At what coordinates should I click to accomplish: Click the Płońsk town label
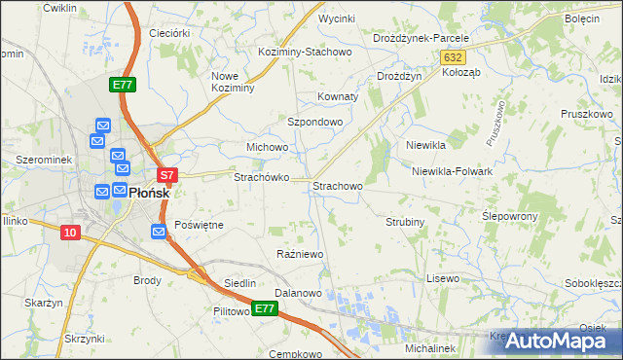[x=149, y=193]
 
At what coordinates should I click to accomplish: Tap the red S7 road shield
[x=167, y=176]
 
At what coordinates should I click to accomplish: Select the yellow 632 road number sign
[x=452, y=58]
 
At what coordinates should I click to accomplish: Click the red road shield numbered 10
[x=69, y=232]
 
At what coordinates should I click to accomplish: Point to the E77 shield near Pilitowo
[x=264, y=309]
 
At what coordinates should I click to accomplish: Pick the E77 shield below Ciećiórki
[x=122, y=86]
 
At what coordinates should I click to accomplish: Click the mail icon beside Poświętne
[x=160, y=231]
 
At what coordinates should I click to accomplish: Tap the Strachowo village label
[x=337, y=185]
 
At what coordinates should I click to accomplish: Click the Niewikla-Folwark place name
[x=452, y=171]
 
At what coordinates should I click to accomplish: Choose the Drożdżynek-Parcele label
[x=421, y=38]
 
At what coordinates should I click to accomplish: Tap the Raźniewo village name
[x=300, y=254]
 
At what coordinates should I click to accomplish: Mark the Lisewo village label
[x=442, y=278]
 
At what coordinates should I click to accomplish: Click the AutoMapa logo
[x=563, y=341]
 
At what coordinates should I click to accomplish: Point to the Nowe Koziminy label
[x=233, y=82]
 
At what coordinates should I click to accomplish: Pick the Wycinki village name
[x=336, y=18]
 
